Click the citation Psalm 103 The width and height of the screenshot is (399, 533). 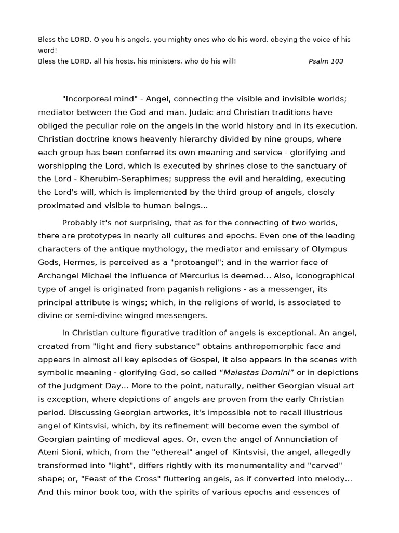[326, 61]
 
